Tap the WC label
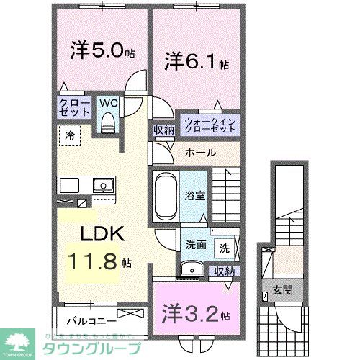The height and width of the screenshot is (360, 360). (108, 102)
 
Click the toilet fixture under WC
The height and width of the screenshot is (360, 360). (108, 125)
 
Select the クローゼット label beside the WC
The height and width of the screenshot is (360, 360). (74, 108)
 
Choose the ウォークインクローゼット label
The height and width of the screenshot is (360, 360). (209, 125)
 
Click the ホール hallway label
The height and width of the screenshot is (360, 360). (199, 153)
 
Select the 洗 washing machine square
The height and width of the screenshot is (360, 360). (225, 249)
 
